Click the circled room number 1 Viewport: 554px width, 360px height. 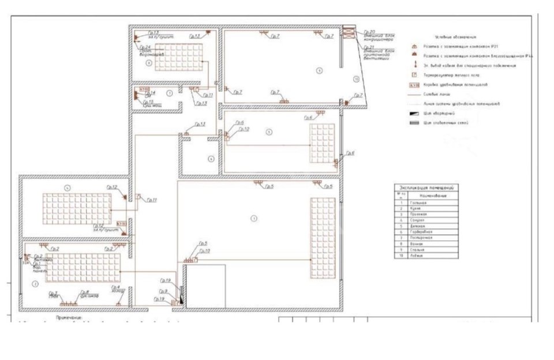tap(253, 218)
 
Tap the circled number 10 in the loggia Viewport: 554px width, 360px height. tap(357, 79)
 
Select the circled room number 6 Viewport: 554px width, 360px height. tap(211, 158)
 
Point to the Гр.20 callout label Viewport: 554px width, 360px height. tap(369, 32)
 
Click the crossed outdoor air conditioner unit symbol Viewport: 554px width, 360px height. tap(349, 32)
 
